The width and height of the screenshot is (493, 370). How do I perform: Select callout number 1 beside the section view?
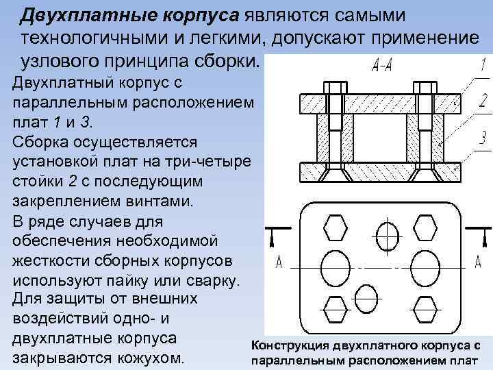[x=483, y=66]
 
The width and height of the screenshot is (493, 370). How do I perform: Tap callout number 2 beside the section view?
[x=483, y=101]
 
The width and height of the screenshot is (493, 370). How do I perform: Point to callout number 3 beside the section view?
[x=483, y=138]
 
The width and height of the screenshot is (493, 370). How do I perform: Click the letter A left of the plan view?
[x=279, y=262]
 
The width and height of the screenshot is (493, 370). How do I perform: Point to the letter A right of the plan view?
[x=477, y=262]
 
